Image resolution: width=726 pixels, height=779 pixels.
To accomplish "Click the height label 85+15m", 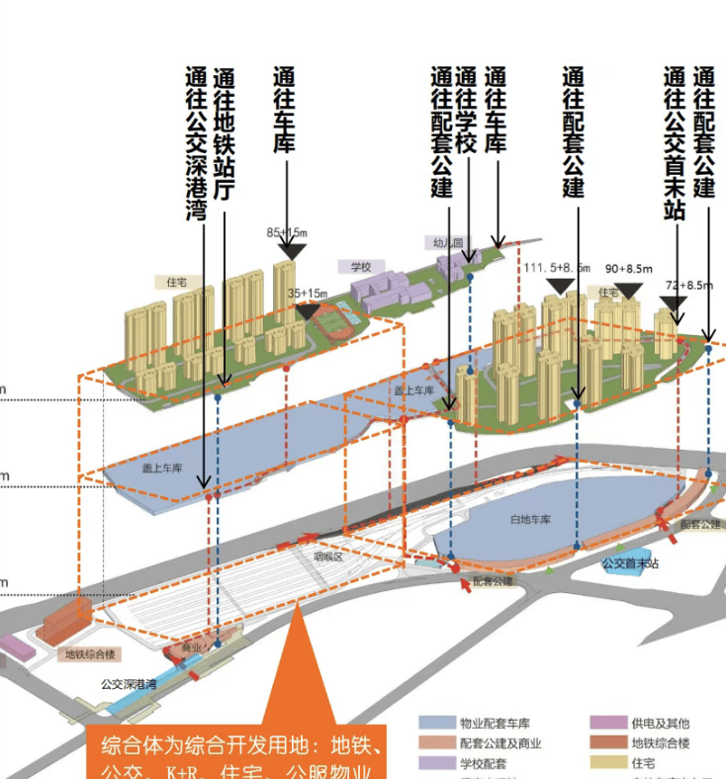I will click(287, 233).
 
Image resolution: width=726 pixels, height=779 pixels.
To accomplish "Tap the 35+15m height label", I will click(308, 294).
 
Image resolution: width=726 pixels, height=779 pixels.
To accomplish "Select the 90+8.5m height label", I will click(629, 268).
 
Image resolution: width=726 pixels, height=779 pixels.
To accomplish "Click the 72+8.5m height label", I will click(688, 285).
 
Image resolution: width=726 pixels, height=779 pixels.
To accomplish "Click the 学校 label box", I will click(359, 267).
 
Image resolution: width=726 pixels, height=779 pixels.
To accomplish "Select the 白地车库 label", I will click(530, 519).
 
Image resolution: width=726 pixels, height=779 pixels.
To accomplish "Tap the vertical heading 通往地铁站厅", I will click(225, 135).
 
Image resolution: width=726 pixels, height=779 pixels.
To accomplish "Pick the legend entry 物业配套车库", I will click(485, 724).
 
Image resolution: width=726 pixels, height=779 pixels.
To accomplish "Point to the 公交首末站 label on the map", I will click(630, 563).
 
